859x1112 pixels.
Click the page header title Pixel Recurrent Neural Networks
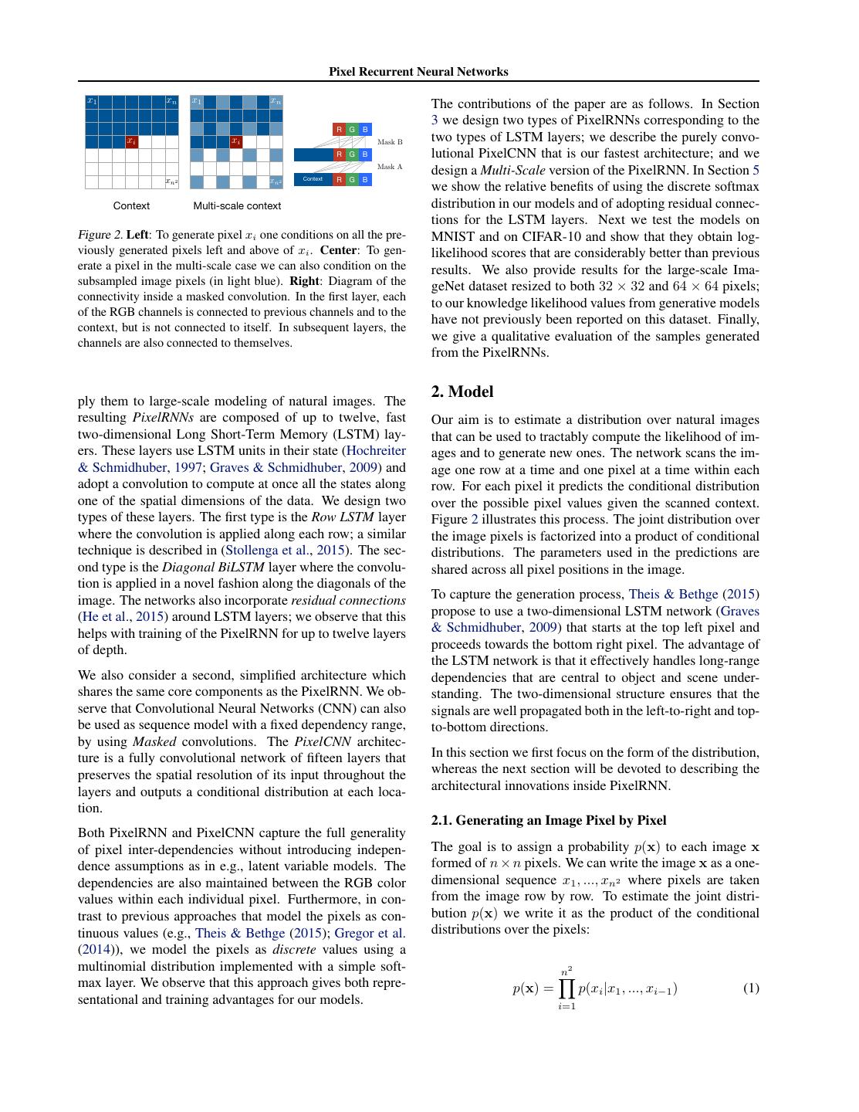[418, 72]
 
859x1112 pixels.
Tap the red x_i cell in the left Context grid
[132, 141]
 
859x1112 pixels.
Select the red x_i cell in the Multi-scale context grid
[236, 141]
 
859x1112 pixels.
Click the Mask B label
[390, 142]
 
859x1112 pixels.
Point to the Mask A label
[390, 167]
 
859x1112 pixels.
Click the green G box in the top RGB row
[352, 130]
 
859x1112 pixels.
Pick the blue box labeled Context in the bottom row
[313, 179]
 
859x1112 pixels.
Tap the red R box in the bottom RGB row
[339, 179]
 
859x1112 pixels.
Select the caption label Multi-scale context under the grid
[237, 206]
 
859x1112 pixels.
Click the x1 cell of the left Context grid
[92, 101]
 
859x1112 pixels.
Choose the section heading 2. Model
[462, 392]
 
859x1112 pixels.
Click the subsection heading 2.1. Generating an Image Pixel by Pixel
[548, 820]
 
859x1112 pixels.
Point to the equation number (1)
[750, 988]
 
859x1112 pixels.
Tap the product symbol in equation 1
[567, 988]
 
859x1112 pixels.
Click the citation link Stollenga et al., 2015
[284, 551]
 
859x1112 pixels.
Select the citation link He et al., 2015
[123, 617]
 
